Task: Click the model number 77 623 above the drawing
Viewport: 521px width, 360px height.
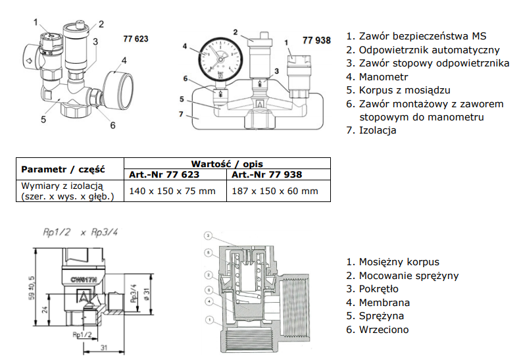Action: [136, 39]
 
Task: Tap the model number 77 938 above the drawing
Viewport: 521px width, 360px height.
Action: [316, 40]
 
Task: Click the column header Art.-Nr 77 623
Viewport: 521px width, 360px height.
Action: [161, 174]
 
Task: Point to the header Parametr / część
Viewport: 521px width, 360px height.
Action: [63, 168]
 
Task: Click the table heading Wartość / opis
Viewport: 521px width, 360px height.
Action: [227, 163]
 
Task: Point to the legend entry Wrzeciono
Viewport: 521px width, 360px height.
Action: [384, 330]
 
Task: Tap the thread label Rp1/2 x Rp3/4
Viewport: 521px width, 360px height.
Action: [73, 232]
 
